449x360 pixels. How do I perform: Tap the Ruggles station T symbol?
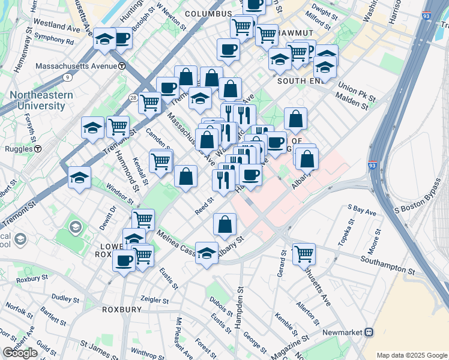pyautogui.click(x=37, y=149)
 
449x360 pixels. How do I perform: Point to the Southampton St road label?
pyautogui.click(x=388, y=265)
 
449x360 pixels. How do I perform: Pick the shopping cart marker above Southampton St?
pyautogui.click(x=304, y=253)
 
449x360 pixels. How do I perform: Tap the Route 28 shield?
pyautogui.click(x=133, y=97)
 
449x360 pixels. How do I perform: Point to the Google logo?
pyautogui.click(x=20, y=353)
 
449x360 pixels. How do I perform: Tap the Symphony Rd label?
pyautogui.click(x=53, y=42)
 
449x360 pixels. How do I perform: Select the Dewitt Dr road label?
pyautogui.click(x=112, y=217)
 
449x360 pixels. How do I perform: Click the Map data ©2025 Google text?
pyautogui.click(x=412, y=355)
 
